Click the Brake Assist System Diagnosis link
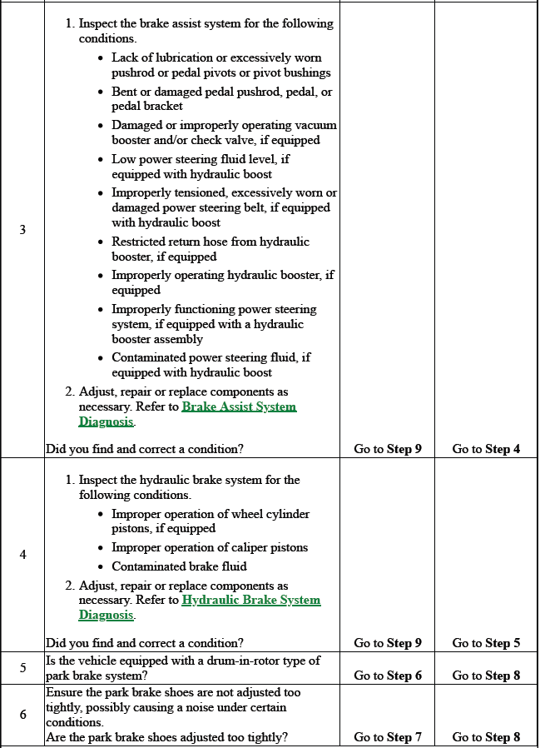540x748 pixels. pyautogui.click(x=238, y=407)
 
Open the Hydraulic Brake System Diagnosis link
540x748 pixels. pyautogui.click(x=250, y=601)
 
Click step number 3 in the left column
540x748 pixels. pyautogui.click(x=22, y=231)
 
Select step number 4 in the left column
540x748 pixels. pyautogui.click(x=22, y=555)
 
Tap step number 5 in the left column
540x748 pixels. pyautogui.click(x=22, y=668)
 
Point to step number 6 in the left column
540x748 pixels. pyautogui.click(x=22, y=714)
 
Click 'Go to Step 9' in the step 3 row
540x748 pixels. pyautogui.click(x=388, y=449)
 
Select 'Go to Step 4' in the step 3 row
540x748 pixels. pyautogui.click(x=486, y=449)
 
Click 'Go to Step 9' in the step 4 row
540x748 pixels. pyautogui.click(x=388, y=643)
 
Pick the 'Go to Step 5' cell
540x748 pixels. pyautogui.click(x=486, y=643)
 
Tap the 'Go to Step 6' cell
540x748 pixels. pyautogui.click(x=388, y=676)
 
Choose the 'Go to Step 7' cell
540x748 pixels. pyautogui.click(x=388, y=737)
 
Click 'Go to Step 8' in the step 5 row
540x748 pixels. pyautogui.click(x=486, y=676)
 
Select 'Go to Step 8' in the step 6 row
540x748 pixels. pyautogui.click(x=486, y=737)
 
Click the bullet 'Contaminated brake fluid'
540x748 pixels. pyautogui.click(x=179, y=566)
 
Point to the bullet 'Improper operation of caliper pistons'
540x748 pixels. pyautogui.click(x=210, y=547)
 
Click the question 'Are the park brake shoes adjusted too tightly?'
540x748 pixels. pyautogui.click(x=167, y=737)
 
